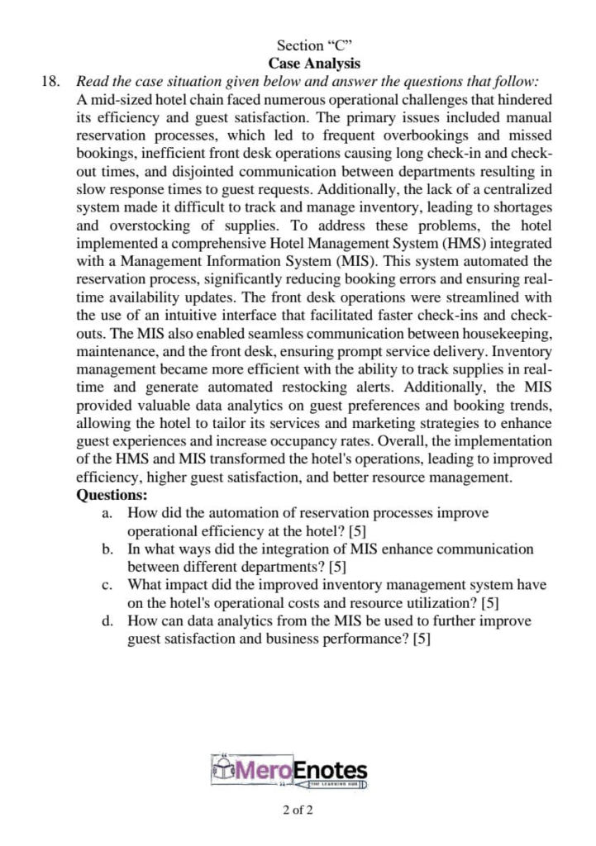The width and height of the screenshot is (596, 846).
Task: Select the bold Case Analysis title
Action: (x=314, y=63)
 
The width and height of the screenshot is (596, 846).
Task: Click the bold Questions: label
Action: (x=112, y=496)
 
